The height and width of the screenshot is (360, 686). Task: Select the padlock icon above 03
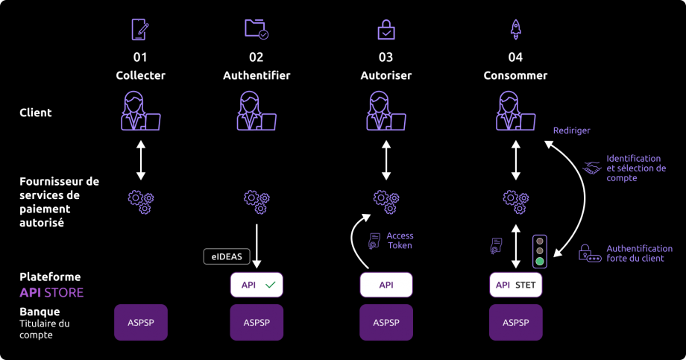tap(386, 30)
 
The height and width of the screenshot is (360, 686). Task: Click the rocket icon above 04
tap(515, 29)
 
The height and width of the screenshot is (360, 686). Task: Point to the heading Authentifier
tap(257, 75)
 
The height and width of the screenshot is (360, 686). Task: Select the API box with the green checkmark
tap(257, 285)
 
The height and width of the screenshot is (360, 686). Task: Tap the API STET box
tap(515, 285)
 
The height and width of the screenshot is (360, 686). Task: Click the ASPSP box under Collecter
tap(141, 322)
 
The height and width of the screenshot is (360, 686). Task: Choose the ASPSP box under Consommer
tap(515, 322)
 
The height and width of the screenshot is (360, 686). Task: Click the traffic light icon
tap(539, 250)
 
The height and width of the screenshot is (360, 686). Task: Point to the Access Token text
tap(400, 240)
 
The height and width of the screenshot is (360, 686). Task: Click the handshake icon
tap(592, 168)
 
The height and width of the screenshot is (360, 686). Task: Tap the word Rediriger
tap(571, 130)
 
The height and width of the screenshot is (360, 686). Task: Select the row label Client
tap(35, 113)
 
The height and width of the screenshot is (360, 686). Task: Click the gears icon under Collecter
tap(141, 200)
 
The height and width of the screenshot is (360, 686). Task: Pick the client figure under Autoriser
tap(386, 112)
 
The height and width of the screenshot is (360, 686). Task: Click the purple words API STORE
tap(51, 292)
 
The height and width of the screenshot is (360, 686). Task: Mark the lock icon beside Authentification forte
tap(590, 253)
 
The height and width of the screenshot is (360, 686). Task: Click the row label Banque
tap(40, 312)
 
